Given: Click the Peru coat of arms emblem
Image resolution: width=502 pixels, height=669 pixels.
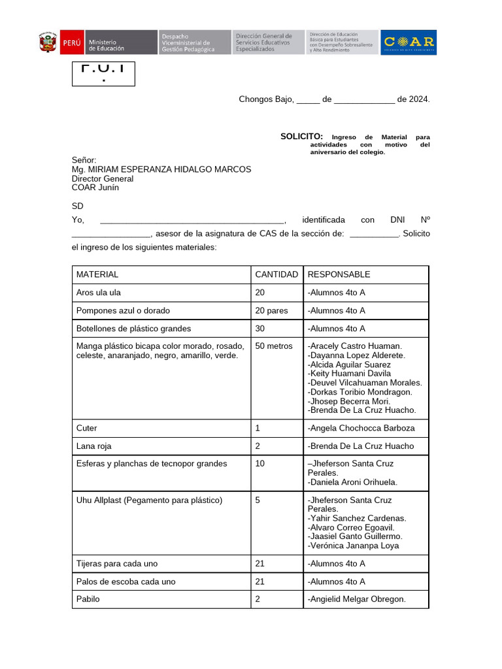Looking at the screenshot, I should (48, 42).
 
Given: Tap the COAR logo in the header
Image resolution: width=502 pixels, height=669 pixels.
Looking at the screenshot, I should (409, 42).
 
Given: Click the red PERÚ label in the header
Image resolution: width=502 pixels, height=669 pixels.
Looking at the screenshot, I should (72, 42).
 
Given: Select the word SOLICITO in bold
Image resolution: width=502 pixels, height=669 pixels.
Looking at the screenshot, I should (301, 136).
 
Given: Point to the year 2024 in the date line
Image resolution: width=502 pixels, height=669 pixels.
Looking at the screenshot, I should (418, 99).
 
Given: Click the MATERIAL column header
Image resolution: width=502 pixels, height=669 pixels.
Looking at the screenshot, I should (97, 274).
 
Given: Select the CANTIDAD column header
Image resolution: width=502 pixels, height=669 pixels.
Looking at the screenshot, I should (276, 274).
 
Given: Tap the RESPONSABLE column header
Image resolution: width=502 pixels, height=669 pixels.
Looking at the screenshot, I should (339, 274).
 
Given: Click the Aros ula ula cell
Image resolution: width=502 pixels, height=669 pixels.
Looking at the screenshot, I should (99, 293).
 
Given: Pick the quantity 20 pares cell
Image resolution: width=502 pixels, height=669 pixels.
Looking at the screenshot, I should (271, 310).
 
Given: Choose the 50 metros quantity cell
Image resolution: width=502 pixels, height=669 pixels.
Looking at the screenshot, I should (274, 346).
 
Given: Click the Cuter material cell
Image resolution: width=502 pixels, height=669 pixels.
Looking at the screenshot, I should (87, 428).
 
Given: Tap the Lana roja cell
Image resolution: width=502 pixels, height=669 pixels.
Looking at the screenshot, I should (94, 446).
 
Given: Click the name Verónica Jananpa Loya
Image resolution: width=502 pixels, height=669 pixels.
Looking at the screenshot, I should (353, 546).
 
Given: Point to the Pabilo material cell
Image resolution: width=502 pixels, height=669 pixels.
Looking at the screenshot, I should (89, 599).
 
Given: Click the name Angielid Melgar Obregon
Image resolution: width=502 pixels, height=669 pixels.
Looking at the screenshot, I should (357, 599).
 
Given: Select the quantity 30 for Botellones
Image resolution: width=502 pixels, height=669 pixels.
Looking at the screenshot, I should (260, 329).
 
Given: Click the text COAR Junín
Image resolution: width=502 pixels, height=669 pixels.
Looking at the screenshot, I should (95, 188).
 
